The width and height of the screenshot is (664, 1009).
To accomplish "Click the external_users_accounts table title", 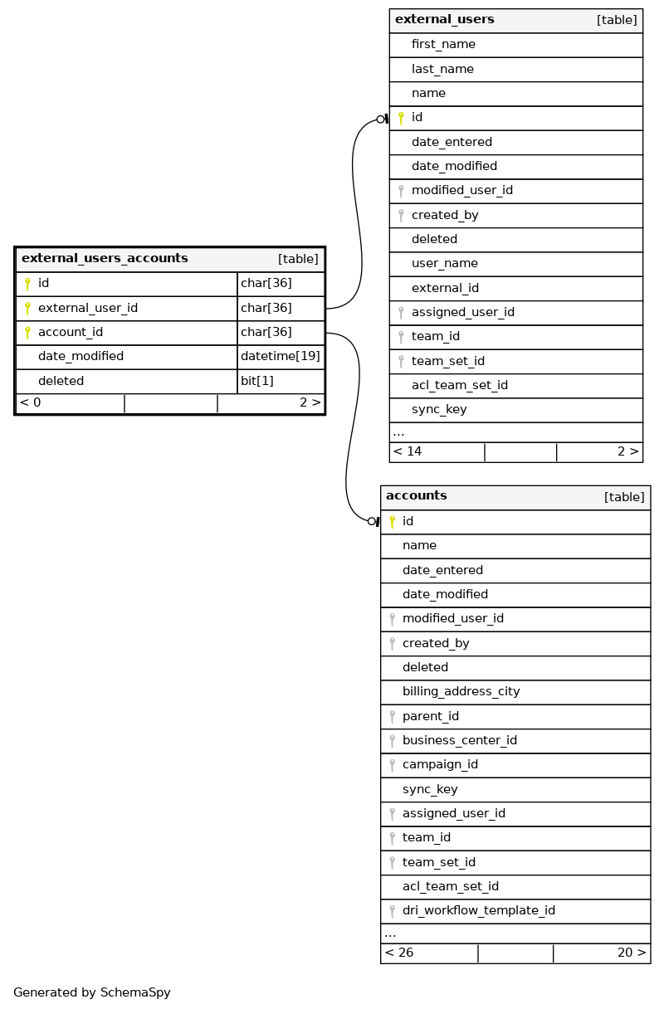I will (x=105, y=259).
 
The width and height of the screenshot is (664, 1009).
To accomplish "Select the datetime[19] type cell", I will (x=281, y=357).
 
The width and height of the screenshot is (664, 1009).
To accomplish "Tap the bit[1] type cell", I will (x=257, y=381).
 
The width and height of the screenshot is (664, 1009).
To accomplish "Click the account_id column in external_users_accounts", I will (x=71, y=333).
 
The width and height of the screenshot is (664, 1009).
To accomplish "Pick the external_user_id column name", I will (x=88, y=308).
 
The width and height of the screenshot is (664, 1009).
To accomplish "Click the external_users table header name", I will (x=444, y=20).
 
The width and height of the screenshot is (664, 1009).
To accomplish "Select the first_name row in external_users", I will (x=443, y=45).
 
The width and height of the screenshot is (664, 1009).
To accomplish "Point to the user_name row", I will (x=445, y=264).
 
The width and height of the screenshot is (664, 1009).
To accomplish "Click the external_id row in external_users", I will (x=445, y=288).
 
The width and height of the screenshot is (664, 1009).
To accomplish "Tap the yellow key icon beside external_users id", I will (x=401, y=118).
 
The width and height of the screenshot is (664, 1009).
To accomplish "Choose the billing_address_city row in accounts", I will (x=461, y=692).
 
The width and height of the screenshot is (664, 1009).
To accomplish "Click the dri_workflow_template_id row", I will (x=479, y=911).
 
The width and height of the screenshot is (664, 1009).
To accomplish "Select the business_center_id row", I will (x=460, y=741).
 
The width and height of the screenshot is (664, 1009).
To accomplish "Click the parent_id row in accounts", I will (x=431, y=716).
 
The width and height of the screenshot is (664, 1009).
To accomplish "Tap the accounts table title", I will (x=417, y=496).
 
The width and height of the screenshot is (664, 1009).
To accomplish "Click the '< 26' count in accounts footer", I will (x=399, y=953).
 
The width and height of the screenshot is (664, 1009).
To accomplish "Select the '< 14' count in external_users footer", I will (x=408, y=452).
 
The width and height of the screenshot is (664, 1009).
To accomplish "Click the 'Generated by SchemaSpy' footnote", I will (x=92, y=992).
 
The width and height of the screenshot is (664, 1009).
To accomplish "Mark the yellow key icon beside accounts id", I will (x=392, y=522).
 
